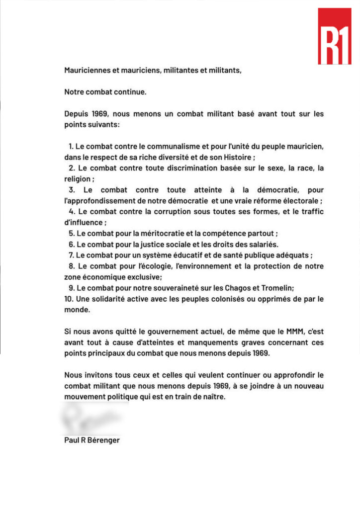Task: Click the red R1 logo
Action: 334,36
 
